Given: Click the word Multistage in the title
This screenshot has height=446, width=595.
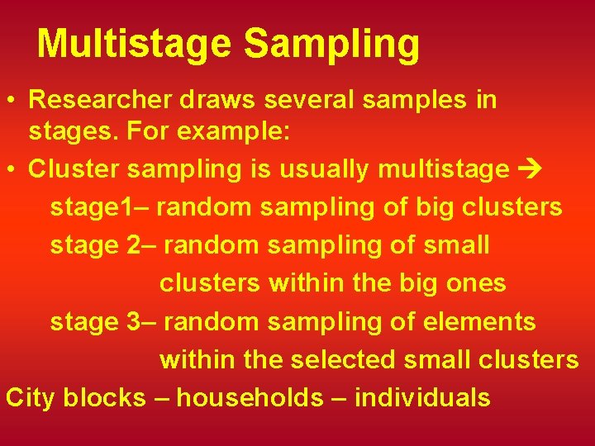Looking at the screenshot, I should pos(132,44).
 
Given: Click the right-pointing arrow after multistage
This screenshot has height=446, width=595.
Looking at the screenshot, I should pos(527,169).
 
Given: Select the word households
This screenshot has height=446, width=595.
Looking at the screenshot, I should pos(250,397).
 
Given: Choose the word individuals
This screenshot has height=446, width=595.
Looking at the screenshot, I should pos(422,397).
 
